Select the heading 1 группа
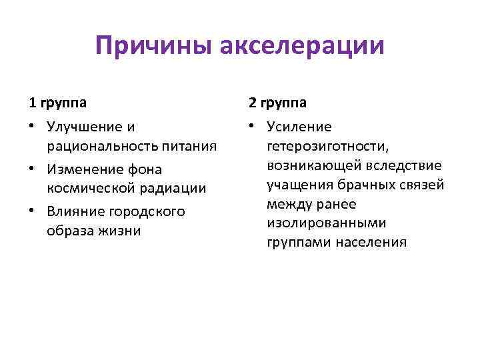[x=57, y=103]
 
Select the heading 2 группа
[x=277, y=103]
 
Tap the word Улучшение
[x=85, y=127]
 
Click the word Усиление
[x=299, y=127]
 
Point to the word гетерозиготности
[x=323, y=146]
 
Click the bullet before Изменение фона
[x=33, y=169]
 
